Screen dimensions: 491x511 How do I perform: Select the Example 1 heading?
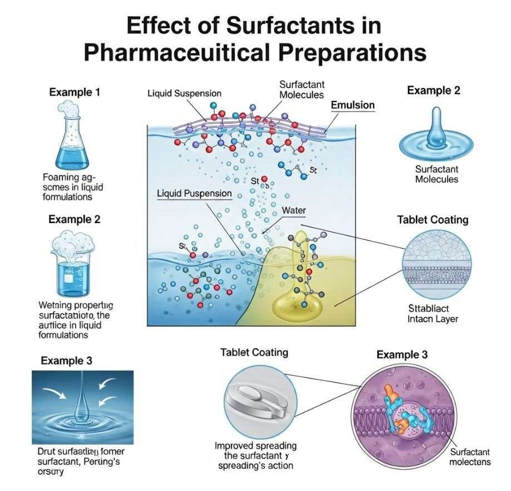(75, 93)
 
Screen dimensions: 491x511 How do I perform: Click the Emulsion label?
(352, 105)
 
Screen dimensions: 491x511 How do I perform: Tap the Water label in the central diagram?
(294, 211)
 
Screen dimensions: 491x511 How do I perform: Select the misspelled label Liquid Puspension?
(194, 193)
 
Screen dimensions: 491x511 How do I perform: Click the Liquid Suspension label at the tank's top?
(184, 94)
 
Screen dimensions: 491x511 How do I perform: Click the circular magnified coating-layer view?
(436, 263)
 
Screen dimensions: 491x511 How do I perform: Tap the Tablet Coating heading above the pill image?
(254, 352)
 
